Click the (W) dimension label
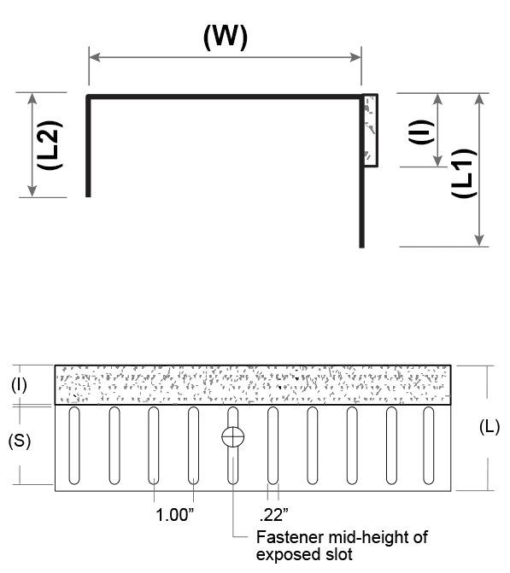click(226, 37)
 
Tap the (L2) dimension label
click(50, 144)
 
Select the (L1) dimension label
click(464, 172)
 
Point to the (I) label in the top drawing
click(421, 132)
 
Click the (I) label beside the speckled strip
click(19, 385)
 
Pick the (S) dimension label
click(20, 441)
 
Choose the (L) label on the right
click(489, 427)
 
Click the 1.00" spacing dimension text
click(175, 515)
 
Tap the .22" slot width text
click(274, 515)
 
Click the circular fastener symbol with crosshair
click(233, 436)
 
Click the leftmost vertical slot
click(74, 446)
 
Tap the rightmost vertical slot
click(429, 446)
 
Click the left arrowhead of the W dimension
click(95, 57)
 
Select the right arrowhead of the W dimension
click(355, 57)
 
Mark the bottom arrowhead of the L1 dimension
click(479, 241)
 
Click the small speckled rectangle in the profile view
click(371, 131)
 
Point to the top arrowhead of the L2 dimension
click(32, 99)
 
